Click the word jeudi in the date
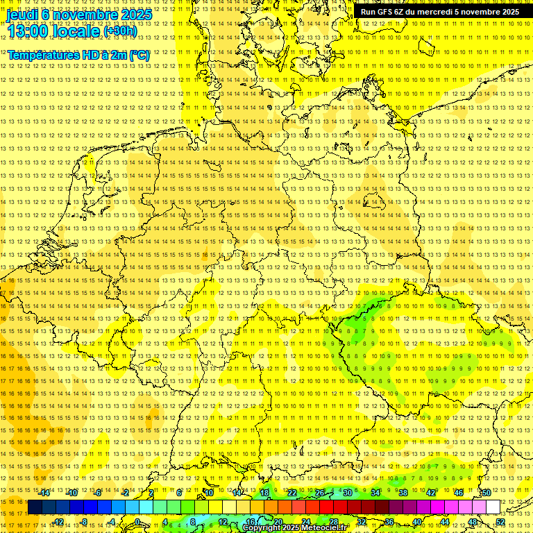[22, 14]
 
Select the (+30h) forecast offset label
[120, 31]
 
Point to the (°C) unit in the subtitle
[138, 55]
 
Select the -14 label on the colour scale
[44, 493]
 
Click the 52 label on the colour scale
[500, 522]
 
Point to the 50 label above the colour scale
[486, 493]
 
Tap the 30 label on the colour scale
[347, 493]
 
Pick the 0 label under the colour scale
[137, 522]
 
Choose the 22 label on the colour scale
[291, 493]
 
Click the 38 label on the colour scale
[403, 493]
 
